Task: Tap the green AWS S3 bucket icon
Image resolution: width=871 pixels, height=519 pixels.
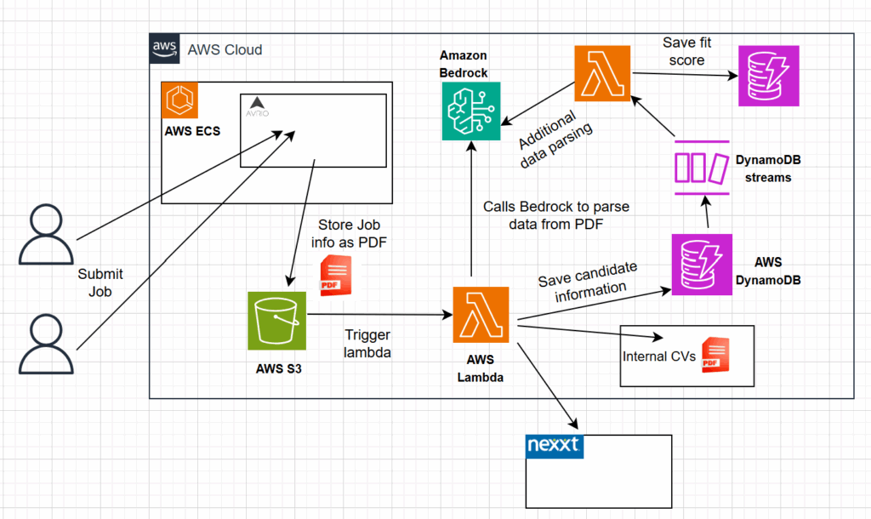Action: click(276, 321)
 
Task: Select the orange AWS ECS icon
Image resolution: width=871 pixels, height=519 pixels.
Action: click(179, 100)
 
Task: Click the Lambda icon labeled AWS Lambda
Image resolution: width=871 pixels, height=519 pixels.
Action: click(481, 315)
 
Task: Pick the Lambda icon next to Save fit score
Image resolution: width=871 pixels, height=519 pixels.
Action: click(602, 73)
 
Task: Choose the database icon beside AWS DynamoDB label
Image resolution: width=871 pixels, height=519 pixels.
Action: click(700, 262)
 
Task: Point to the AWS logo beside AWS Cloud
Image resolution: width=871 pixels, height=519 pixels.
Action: click(163, 48)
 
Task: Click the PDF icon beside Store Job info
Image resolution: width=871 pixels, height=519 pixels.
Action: click(335, 275)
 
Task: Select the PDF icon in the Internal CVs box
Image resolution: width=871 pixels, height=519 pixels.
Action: click(715, 356)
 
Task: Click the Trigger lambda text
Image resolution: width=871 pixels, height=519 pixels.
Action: click(367, 344)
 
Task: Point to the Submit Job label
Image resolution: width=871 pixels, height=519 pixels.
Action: click(100, 282)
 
